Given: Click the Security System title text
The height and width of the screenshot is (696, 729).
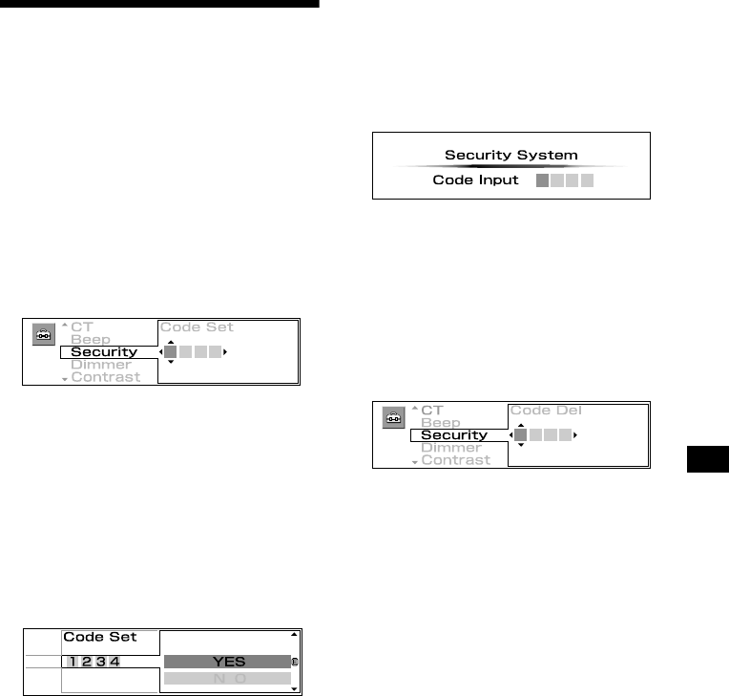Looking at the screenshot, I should (510, 155).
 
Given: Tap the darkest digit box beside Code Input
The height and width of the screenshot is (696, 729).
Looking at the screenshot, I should (542, 180).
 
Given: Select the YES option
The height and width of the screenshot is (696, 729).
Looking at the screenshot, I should (227, 662).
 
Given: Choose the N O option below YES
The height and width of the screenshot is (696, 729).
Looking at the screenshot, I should (227, 678).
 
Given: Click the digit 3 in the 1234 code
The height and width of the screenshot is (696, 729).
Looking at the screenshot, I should (100, 662).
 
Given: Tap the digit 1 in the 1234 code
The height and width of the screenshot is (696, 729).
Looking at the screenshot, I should (73, 662).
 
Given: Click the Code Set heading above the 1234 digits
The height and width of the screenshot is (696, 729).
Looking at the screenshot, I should (100, 637).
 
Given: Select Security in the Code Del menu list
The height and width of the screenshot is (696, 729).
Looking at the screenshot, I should (454, 435).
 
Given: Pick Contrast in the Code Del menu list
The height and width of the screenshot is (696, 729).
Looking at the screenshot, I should (455, 460).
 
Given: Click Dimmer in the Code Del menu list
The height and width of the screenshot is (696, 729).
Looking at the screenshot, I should (451, 448).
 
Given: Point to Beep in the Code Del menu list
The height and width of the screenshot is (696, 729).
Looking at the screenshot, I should (440, 423).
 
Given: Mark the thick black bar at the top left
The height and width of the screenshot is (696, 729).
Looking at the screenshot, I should (159, 4).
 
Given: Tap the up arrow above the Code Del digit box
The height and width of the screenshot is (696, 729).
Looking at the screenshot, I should (520, 425).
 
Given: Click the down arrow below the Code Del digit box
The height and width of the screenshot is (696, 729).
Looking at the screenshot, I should (520, 446).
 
